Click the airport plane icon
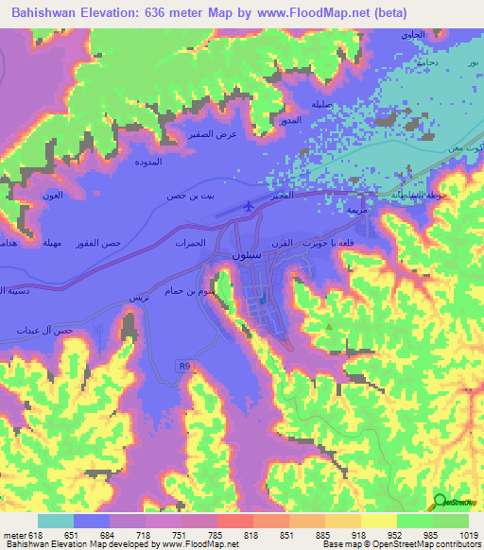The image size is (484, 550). point(249,204)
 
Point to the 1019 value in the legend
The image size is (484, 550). point(470,535)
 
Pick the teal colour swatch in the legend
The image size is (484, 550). point(56,521)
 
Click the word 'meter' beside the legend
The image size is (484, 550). point(14,535)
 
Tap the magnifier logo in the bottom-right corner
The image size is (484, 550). point(441,503)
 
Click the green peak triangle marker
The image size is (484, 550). point(328,327)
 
